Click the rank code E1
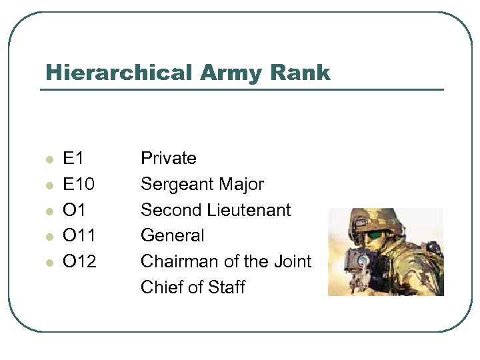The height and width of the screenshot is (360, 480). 73,159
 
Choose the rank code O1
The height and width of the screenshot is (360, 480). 73,210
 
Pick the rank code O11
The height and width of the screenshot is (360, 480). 79,235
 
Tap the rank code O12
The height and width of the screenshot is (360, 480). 79,261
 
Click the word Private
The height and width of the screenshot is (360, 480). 169,159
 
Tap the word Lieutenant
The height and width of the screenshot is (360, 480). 249,210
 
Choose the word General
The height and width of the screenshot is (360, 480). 173,235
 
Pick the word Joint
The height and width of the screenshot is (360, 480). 292,261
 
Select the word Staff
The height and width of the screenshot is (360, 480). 228,287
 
